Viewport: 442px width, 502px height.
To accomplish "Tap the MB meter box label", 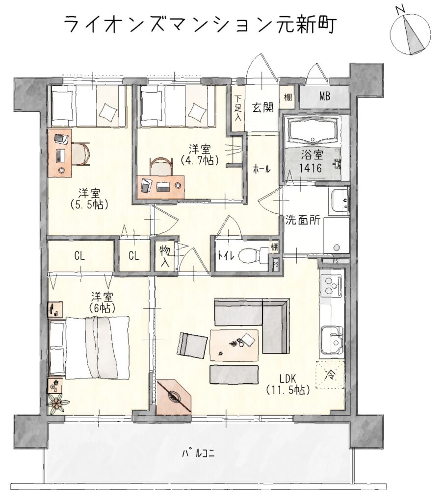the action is coord(324,97).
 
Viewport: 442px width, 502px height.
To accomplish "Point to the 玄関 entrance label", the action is coord(263,107).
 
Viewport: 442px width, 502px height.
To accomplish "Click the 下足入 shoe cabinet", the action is coord(238,108).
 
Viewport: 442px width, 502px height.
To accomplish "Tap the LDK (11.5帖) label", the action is coord(287,384).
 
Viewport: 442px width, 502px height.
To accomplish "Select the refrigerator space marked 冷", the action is coord(330,374).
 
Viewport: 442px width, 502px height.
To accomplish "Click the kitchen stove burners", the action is coord(331,285).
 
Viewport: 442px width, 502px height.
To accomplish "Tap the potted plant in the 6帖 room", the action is coord(58,403).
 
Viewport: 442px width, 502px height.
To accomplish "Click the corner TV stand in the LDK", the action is coord(174,397).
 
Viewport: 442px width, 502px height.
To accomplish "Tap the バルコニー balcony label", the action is coord(198,453).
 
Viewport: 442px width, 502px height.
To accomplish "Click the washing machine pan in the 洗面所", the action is coord(336,235).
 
